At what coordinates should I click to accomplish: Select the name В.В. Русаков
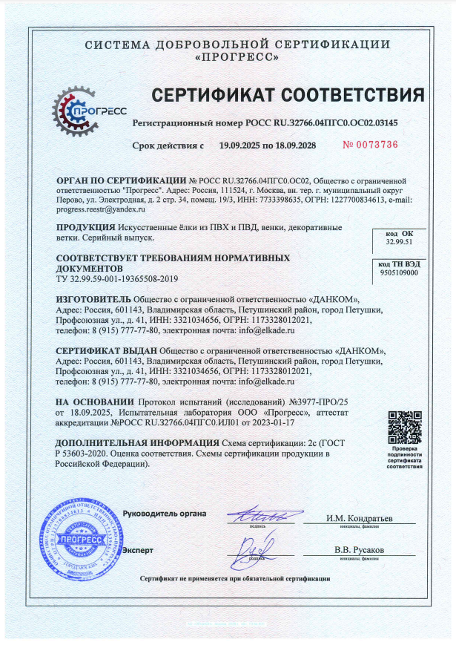coord(360,551)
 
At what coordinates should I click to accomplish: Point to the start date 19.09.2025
coord(245,145)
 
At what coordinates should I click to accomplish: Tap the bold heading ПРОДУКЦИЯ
coord(86,227)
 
